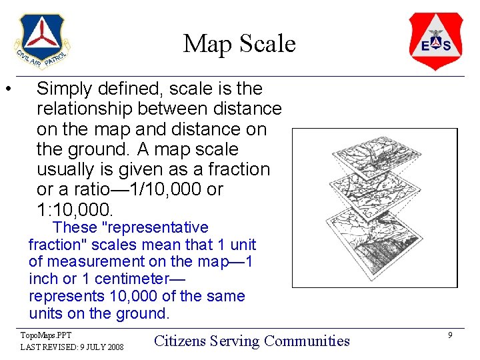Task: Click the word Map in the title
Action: tap(204, 44)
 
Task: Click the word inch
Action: tap(41, 279)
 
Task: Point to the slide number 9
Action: tap(451, 335)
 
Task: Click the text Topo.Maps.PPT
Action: tap(46, 335)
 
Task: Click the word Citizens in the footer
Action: tap(179, 341)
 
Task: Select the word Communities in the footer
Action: tap(307, 341)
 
